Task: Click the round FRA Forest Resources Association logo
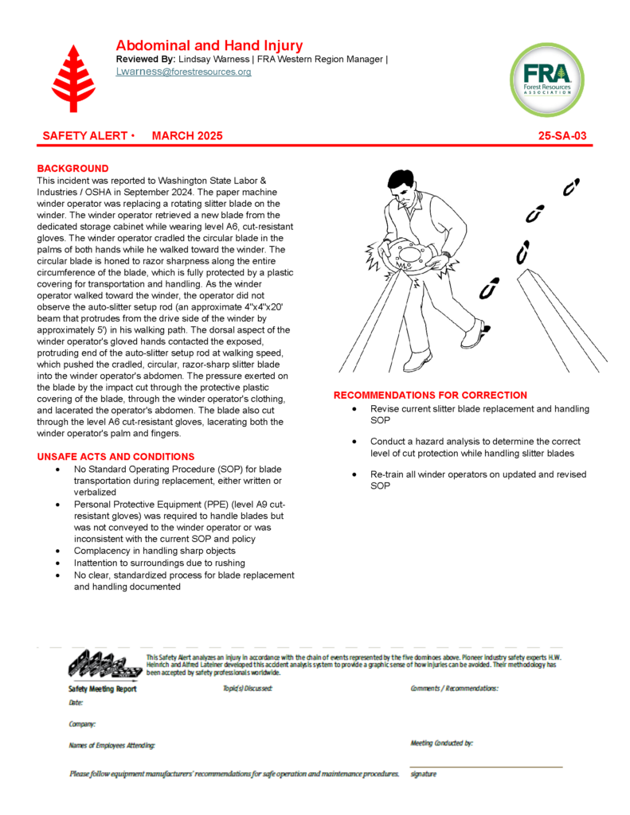(546, 80)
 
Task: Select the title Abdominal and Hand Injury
(209, 45)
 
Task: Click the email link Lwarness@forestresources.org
(183, 72)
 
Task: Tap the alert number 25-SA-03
(562, 136)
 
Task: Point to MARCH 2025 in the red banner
(187, 136)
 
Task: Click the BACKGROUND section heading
(72, 169)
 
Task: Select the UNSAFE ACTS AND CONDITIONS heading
(115, 457)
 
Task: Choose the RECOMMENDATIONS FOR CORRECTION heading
(430, 396)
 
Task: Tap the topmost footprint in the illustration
(570, 187)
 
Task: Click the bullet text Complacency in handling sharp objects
(154, 551)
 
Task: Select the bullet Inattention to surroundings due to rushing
(159, 563)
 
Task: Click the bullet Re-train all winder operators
(478, 474)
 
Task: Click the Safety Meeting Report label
(103, 689)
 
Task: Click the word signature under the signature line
(423, 774)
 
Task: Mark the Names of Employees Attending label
(112, 746)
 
